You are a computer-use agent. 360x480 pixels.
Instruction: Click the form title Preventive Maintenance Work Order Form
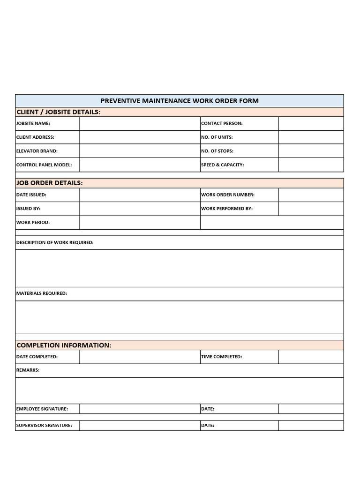coord(180,101)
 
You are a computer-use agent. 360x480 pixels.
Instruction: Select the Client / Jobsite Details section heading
coord(58,112)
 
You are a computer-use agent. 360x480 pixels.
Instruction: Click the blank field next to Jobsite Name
coord(139,123)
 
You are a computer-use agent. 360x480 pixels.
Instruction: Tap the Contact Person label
coord(222,123)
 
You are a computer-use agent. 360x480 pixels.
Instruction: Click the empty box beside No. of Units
coord(311,137)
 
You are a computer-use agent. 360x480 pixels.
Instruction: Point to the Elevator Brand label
coord(37,151)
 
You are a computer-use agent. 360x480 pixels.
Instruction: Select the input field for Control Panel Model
coord(139,165)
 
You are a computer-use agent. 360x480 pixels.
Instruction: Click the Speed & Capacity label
coord(223,165)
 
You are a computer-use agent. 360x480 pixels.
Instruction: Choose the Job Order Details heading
coord(50,183)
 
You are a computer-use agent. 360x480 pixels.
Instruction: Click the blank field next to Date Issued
coord(139,195)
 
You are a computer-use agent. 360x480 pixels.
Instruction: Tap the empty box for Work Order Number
coord(311,195)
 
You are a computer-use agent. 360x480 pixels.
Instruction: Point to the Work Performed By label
coord(227,209)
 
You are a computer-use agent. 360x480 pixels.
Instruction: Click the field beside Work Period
coord(139,222)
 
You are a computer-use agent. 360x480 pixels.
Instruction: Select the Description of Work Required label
coord(55,242)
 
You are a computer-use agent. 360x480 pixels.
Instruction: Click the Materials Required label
coord(42,293)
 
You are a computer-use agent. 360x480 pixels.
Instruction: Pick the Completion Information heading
coord(64,345)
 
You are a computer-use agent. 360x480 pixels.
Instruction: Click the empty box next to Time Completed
coord(311,357)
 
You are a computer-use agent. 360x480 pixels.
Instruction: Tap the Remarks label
coord(28,370)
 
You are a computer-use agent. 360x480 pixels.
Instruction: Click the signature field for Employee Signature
coord(139,409)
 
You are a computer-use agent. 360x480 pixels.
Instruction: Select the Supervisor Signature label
coord(44,426)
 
